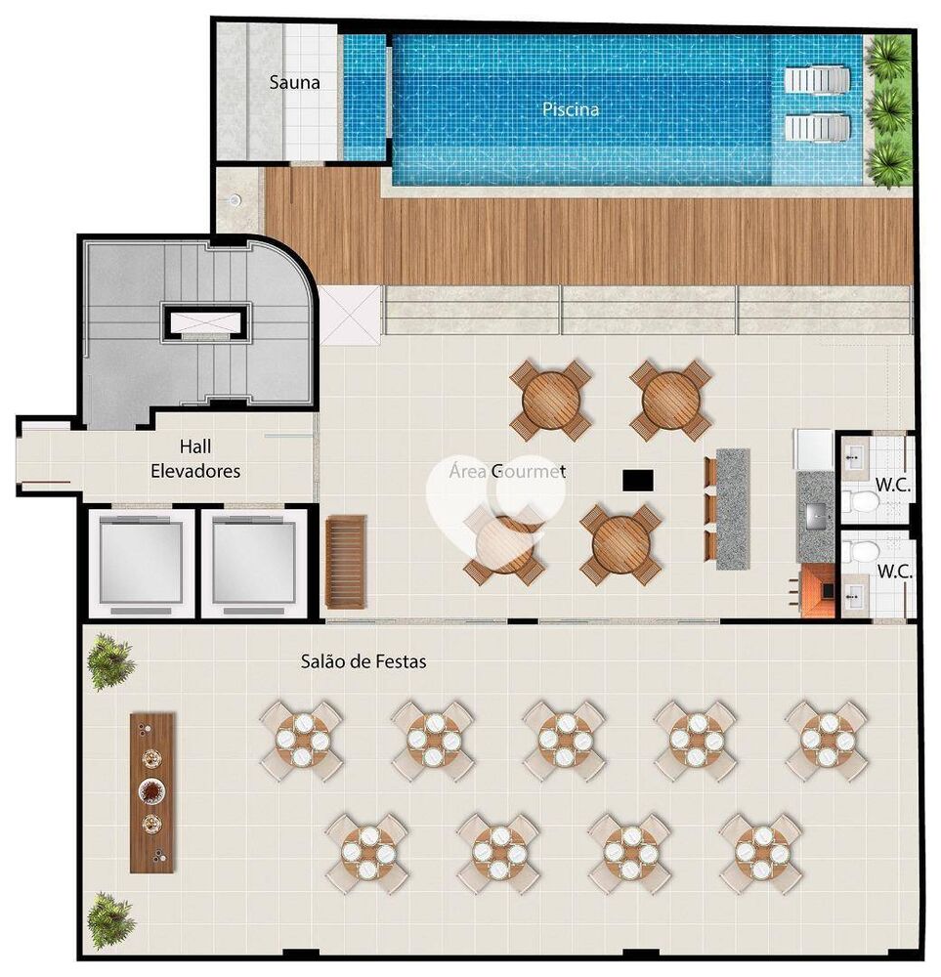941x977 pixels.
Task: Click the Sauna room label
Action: pos(294,82)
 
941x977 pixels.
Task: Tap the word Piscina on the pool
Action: pos(571,109)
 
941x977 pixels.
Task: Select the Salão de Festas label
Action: pos(363,661)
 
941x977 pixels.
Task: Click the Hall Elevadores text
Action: pos(195,458)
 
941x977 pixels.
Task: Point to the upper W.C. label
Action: pos(893,484)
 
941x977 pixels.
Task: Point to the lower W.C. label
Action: pos(893,572)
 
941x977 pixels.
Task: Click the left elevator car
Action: pos(141,563)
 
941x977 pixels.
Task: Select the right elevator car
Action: pos(254,563)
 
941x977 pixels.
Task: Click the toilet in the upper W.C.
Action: pos(864,502)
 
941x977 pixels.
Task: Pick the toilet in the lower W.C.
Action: pos(864,551)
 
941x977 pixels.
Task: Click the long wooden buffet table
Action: pos(151,791)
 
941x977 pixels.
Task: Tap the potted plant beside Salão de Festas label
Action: pos(110,662)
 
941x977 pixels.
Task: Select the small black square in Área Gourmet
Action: pos(637,480)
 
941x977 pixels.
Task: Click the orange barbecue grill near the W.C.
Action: pos(817,591)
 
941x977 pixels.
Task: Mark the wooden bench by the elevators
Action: pos(345,561)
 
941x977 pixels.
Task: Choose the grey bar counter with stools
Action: pos(732,508)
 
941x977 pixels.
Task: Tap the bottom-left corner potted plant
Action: pos(110,919)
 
